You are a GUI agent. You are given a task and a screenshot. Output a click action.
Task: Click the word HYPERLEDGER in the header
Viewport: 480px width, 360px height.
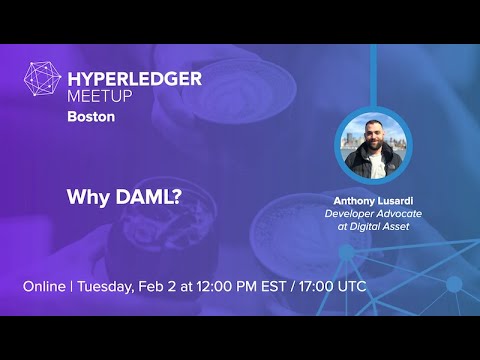point(134,78)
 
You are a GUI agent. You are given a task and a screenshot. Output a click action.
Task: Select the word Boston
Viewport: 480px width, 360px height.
point(91,116)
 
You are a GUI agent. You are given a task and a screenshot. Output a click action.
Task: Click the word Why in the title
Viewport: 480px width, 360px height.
point(84,196)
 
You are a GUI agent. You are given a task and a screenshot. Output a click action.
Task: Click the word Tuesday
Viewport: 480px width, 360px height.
point(107,287)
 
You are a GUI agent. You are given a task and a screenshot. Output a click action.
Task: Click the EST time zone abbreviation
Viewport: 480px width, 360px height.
point(290,287)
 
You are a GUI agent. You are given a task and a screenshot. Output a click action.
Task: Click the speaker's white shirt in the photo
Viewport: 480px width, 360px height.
point(376,167)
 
